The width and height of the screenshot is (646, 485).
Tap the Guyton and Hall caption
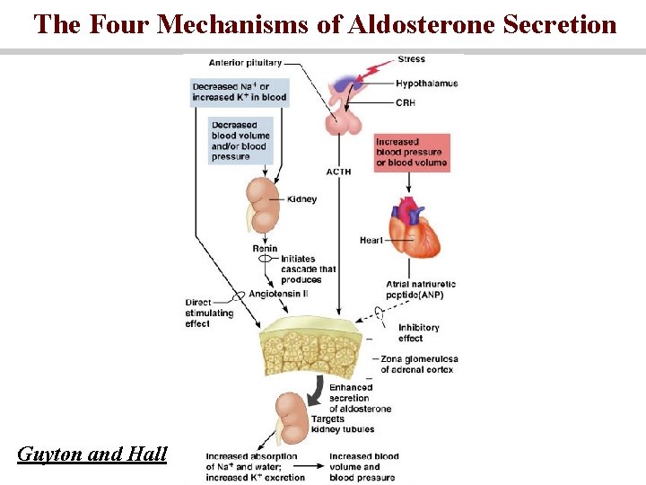pyautogui.click(x=92, y=454)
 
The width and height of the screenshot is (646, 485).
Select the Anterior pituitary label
pyautogui.click(x=245, y=63)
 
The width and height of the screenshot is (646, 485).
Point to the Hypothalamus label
pyautogui.click(x=427, y=84)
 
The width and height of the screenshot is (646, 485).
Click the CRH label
pyautogui.click(x=406, y=103)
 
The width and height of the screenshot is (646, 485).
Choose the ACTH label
pyautogui.click(x=338, y=172)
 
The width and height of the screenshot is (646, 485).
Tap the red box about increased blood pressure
pyautogui.click(x=412, y=153)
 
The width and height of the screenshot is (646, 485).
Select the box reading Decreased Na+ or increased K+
pyautogui.click(x=239, y=91)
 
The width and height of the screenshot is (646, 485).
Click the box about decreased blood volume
pyautogui.click(x=240, y=141)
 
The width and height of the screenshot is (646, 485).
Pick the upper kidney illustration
pyautogui.click(x=266, y=203)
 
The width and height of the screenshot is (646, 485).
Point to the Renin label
pyautogui.click(x=265, y=249)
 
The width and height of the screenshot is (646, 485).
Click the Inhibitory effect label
pyautogui.click(x=418, y=333)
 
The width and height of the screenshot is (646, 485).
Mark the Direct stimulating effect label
pyautogui.click(x=209, y=313)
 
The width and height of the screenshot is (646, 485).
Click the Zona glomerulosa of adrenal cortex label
pyautogui.click(x=416, y=364)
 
